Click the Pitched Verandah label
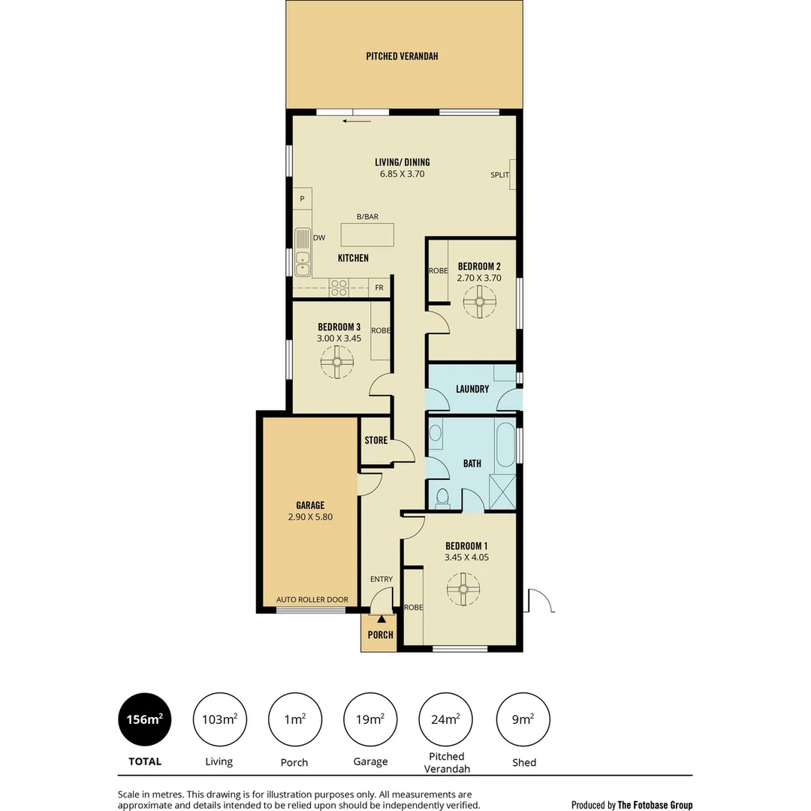coord(402,56)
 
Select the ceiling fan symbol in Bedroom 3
coord(337,364)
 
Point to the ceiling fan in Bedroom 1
coord(463,589)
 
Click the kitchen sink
coord(303,252)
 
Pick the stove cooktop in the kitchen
coord(339,287)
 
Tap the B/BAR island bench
coord(367,234)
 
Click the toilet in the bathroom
coord(442,497)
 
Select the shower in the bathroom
coord(502,493)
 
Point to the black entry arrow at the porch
coord(381,620)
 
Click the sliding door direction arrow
coord(357,120)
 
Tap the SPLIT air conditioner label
coord(499,175)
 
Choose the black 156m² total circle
coord(145,719)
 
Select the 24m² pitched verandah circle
coord(445,719)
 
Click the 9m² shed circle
coord(523,719)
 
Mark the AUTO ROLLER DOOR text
coord(312,599)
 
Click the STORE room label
coord(376,440)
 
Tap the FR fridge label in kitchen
coord(379,288)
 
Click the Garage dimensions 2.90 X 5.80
coord(310,517)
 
